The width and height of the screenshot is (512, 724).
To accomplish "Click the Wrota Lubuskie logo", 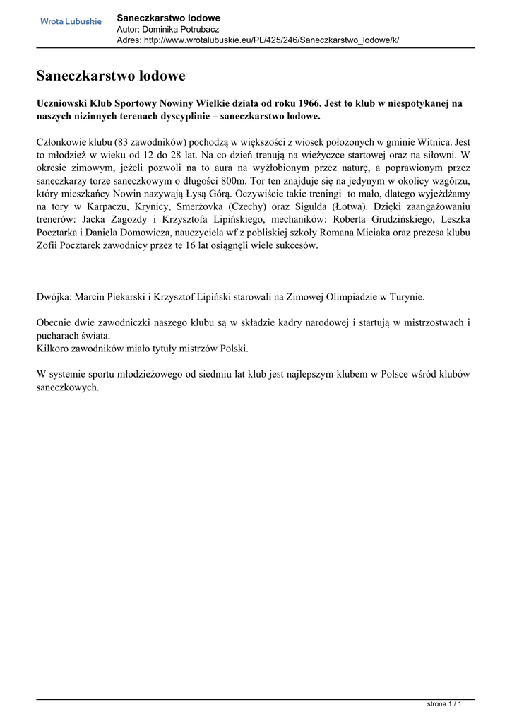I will (x=71, y=22).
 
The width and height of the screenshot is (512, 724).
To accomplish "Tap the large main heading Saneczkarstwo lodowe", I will (x=111, y=75).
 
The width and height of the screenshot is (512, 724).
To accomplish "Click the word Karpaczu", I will (x=96, y=206).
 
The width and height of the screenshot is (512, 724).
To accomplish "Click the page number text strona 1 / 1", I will (x=444, y=704).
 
